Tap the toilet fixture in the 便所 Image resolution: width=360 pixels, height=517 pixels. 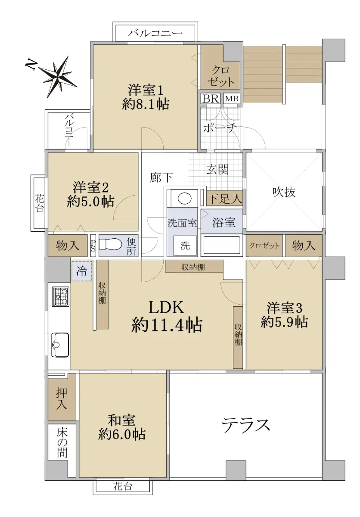point(111,244)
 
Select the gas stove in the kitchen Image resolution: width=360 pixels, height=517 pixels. point(61,296)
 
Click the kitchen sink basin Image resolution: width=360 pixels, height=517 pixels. point(60,345)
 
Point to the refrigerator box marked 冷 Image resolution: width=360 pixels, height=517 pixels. point(82,271)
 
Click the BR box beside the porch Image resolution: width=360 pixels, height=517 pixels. point(211,99)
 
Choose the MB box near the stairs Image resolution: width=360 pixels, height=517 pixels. point(232,99)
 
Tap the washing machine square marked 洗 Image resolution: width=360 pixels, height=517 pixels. point(185,246)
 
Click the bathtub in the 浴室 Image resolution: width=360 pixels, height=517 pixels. point(221,245)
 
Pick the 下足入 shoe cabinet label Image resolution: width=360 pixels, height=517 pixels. point(224,199)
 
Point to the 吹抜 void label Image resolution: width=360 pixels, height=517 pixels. point(284,192)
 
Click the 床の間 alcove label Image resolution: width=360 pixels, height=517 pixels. point(62,443)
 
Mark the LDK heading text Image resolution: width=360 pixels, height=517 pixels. point(166,307)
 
